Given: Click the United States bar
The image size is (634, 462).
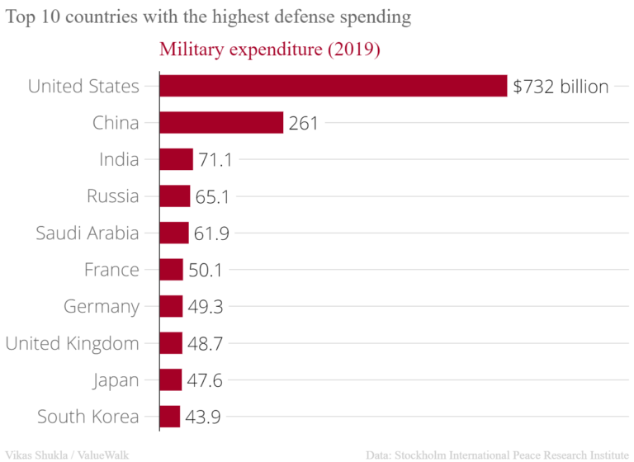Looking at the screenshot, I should point(333,86).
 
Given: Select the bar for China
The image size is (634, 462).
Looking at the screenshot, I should point(221,123).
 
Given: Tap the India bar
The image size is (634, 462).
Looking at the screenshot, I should point(176,159).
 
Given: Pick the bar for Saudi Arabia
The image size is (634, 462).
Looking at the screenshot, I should point(173,233).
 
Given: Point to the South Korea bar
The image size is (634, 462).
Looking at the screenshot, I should point(169,417).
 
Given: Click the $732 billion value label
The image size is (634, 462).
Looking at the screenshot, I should point(561,87).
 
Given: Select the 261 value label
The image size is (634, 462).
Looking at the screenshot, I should point(304,124).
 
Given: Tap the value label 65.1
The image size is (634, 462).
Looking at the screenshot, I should point(215,197).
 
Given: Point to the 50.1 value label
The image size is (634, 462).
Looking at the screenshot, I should point(206,270).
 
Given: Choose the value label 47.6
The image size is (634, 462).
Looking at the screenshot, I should point(203,380).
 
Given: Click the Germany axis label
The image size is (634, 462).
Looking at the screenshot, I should point(102,307).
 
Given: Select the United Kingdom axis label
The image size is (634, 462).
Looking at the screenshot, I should point(73,343).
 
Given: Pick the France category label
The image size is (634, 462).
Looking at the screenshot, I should point(111,270).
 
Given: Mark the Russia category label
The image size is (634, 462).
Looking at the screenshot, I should point(113,196).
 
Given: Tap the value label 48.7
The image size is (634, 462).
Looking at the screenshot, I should point(204,343).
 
